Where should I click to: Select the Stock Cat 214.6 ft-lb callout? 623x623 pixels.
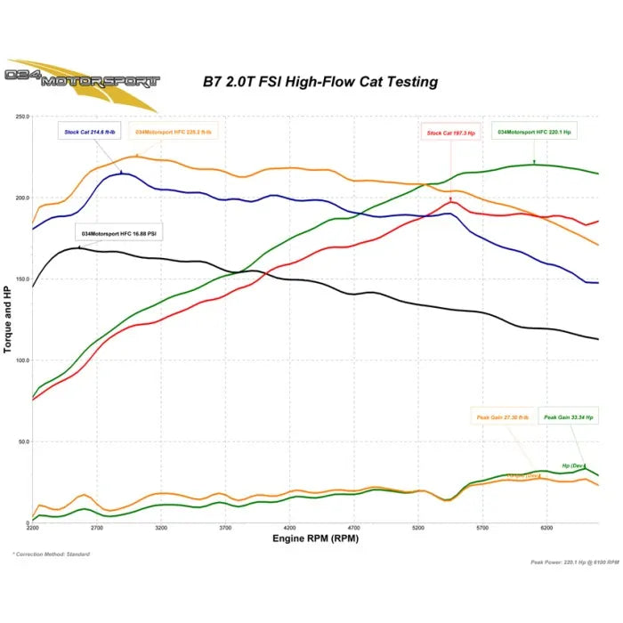(x=90, y=133)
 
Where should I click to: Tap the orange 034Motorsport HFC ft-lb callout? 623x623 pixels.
(x=174, y=133)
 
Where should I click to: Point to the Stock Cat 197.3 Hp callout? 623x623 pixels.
(x=451, y=133)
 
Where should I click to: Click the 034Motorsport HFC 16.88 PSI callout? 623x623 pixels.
(x=119, y=233)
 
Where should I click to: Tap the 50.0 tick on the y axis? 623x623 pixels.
(x=23, y=442)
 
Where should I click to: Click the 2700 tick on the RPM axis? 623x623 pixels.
(x=97, y=529)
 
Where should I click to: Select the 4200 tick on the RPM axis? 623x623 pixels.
(x=289, y=529)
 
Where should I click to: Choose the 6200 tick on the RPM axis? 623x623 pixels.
(x=546, y=529)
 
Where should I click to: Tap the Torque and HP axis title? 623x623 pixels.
(x=8, y=319)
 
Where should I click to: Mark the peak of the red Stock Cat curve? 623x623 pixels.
(x=452, y=202)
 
